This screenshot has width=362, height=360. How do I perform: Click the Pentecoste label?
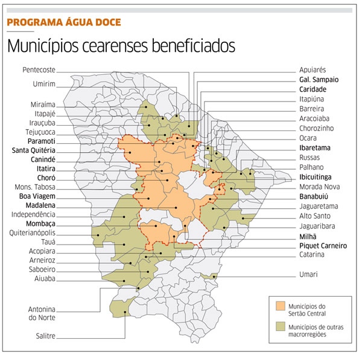click(x=39, y=69)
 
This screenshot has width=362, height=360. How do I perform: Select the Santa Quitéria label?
click(x=34, y=150)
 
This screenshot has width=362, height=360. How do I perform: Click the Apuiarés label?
click(x=314, y=70)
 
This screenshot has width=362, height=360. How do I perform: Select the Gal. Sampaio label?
click(x=319, y=80)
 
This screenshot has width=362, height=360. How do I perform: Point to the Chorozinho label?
click(x=317, y=129)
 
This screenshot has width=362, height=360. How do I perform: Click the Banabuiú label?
click(x=316, y=196)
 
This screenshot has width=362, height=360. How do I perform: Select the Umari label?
click(x=308, y=274)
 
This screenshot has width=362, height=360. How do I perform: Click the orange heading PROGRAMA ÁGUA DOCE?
click(x=64, y=22)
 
